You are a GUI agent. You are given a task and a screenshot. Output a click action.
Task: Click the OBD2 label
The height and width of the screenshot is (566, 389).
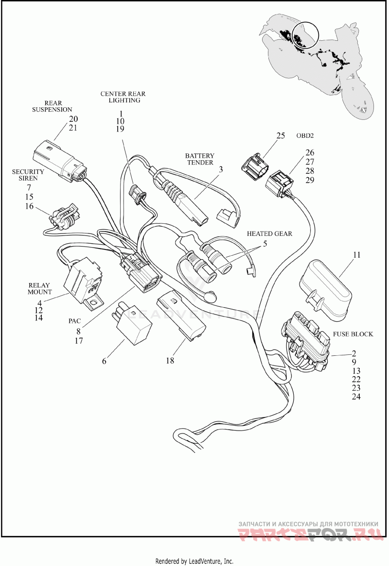click(x=305, y=136)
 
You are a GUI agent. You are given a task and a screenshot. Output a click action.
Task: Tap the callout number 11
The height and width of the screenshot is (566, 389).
click(x=356, y=255)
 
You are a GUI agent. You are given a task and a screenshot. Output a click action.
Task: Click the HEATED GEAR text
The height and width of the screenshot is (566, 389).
click(x=269, y=233)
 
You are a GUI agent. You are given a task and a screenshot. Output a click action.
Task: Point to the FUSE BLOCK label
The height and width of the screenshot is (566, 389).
click(x=353, y=334)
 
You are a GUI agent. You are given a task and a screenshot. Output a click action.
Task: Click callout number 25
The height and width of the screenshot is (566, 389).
click(x=281, y=136)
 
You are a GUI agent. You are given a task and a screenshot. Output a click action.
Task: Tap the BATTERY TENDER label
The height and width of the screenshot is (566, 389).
click(x=200, y=159)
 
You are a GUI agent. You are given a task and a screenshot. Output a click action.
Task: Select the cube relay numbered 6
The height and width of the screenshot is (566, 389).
click(x=132, y=323)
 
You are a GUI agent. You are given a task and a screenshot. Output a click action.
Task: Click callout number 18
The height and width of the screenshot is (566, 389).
click(x=170, y=360)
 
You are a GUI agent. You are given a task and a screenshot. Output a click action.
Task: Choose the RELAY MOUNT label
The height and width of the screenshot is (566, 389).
click(x=40, y=288)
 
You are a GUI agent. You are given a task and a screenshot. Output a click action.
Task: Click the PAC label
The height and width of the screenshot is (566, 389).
click(x=74, y=321)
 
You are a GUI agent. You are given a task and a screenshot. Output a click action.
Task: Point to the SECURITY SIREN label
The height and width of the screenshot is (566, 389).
click(x=28, y=175)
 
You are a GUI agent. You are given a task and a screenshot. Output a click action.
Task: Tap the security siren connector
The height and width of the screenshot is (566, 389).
click(x=66, y=217)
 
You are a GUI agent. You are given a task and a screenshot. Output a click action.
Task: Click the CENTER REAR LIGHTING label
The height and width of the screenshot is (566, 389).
click(x=123, y=97)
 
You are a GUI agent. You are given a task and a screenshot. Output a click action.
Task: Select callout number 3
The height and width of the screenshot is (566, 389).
click(x=221, y=169)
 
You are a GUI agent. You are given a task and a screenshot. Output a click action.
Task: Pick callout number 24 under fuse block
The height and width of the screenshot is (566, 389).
click(x=356, y=397)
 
